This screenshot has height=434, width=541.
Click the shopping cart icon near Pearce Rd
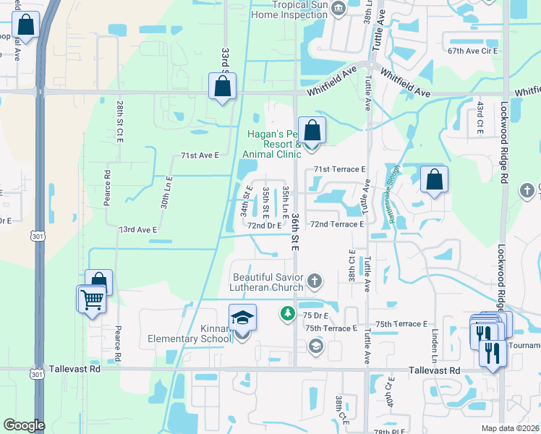pos(92,299)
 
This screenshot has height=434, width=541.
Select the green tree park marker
pos(287,313)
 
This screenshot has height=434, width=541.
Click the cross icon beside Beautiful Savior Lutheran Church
pos(314,280)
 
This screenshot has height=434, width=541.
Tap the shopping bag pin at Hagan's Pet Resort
pos(312,131)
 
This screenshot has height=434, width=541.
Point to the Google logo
pos(24,425)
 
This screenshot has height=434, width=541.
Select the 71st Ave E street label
pos(200,156)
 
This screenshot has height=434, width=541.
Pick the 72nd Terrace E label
pos(337,224)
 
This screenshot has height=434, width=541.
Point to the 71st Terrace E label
pos(341,169)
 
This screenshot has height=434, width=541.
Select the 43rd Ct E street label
pos(479,118)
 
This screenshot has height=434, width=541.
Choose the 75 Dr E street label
pos(315,315)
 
